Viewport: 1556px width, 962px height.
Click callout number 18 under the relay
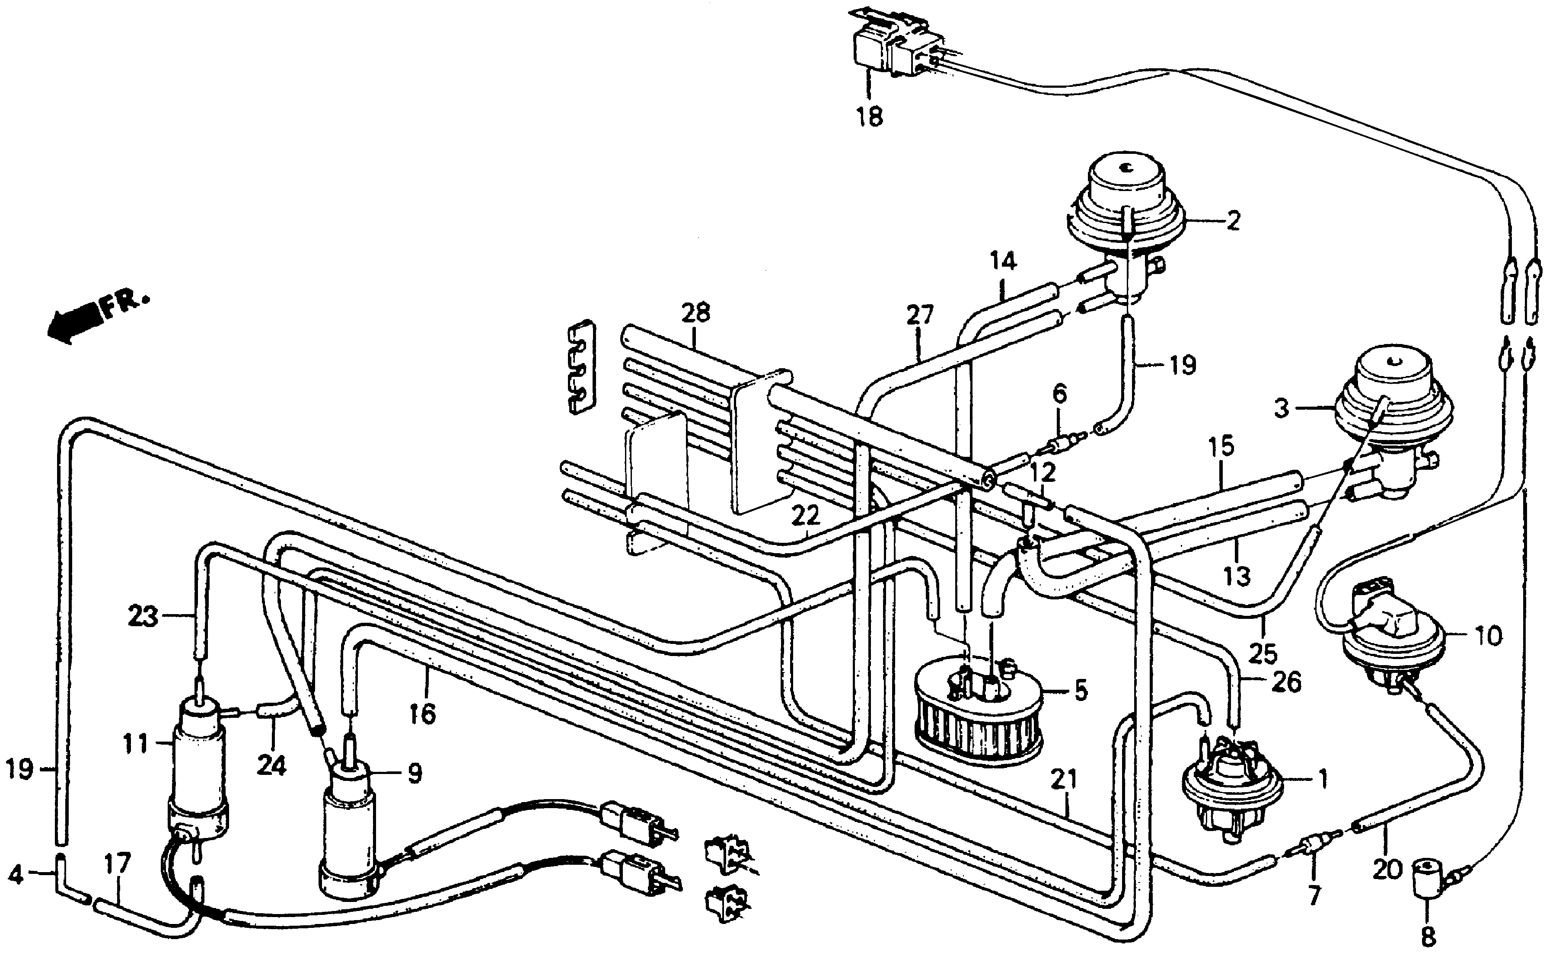coord(870,117)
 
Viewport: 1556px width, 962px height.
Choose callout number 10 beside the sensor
coord(1488,636)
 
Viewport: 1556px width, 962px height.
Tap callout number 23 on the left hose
coord(143,617)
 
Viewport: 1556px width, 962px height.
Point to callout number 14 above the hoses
coord(1003,261)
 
